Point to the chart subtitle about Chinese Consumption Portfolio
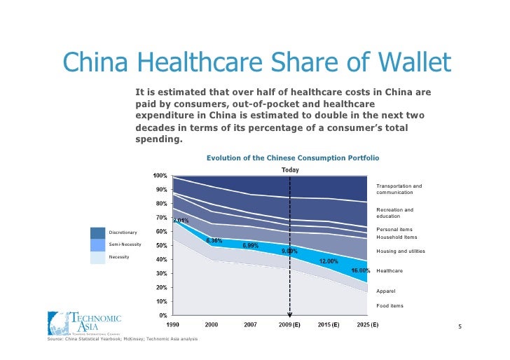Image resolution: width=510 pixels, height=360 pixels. point(292,158)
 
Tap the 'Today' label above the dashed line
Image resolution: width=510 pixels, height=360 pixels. point(290,169)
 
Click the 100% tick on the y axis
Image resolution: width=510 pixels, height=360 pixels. point(160,175)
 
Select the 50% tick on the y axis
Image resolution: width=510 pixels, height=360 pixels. point(161,245)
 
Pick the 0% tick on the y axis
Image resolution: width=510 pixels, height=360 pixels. point(163,315)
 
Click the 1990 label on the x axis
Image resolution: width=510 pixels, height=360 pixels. point(172,325)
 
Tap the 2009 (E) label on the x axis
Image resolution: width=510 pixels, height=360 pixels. point(290,325)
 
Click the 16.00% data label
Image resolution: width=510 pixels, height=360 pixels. point(361,270)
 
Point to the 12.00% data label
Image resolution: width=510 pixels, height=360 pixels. point(329,261)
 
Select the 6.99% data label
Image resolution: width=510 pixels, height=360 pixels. point(251,246)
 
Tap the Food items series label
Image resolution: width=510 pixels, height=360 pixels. point(390,306)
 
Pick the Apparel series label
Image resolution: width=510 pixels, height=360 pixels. point(386,291)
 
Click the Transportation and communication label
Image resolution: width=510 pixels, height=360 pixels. point(399,189)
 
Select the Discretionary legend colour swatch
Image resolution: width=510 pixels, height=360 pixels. point(97,233)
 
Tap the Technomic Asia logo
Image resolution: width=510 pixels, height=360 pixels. point(84,324)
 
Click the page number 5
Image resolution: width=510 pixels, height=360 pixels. point(460,326)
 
